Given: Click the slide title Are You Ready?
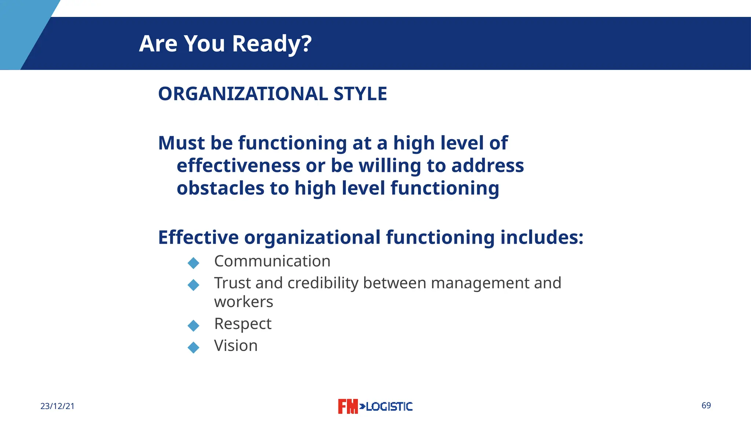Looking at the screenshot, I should [x=225, y=44].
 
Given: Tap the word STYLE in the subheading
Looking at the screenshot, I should [x=360, y=94].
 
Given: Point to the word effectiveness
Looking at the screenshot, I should [x=238, y=166].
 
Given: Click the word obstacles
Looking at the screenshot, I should [x=220, y=188].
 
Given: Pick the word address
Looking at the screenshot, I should [x=487, y=166].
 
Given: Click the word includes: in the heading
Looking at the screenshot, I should [x=542, y=237].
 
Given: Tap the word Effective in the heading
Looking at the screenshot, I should [x=198, y=237].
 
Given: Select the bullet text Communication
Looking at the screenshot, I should [x=272, y=261].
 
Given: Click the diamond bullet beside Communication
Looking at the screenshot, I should [x=193, y=263].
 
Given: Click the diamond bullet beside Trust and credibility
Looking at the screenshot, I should [x=193, y=285].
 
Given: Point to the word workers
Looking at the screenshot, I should [x=243, y=302].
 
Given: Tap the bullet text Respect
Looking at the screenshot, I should [x=243, y=323].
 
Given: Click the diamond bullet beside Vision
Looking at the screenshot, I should [x=193, y=347].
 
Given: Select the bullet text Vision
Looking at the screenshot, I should [x=236, y=346].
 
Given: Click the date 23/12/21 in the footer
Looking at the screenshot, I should [x=57, y=406].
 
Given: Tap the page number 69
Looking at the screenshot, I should [x=706, y=405].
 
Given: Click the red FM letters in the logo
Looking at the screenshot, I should [x=347, y=406].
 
